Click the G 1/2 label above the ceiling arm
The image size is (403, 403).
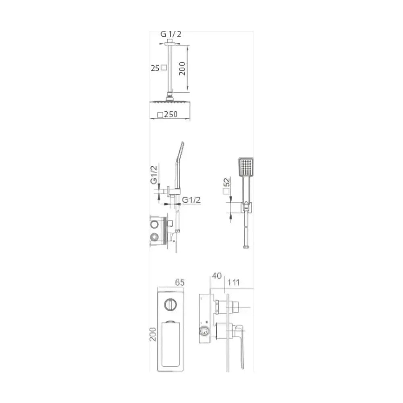[171, 34]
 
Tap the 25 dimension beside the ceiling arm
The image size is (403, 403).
[155, 69]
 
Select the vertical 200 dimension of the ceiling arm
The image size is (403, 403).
[182, 69]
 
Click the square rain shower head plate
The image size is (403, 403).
[170, 103]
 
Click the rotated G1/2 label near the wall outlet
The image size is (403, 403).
[154, 175]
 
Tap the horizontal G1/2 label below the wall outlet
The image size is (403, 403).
[191, 200]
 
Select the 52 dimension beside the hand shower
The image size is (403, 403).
[227, 182]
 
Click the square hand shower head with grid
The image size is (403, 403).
[246, 167]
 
